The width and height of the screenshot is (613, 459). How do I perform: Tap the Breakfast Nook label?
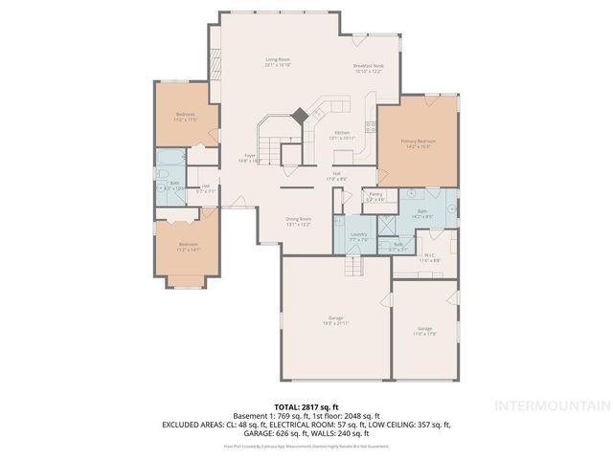(x=368, y=68)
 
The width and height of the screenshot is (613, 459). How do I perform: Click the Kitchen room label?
(x=342, y=135)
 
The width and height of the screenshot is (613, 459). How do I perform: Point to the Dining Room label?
(x=299, y=221)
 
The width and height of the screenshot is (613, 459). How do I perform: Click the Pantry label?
(x=375, y=196)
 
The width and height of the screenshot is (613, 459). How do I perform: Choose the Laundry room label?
(x=359, y=235)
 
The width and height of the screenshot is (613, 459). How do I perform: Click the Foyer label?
(x=249, y=158)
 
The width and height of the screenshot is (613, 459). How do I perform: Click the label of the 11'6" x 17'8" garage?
(x=424, y=330)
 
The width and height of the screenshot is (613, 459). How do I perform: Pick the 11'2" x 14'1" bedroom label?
(x=189, y=246)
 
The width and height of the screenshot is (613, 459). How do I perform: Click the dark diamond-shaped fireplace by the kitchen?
(x=300, y=115)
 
